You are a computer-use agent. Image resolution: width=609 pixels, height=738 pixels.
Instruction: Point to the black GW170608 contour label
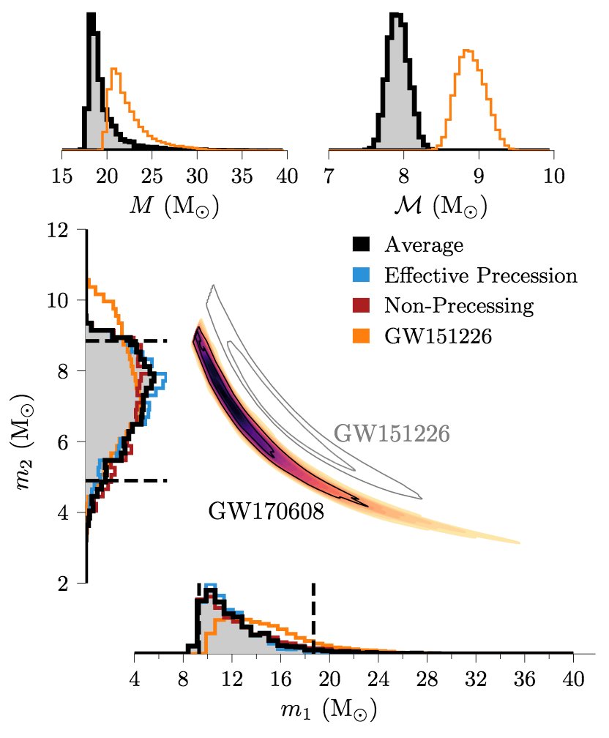tap(266, 510)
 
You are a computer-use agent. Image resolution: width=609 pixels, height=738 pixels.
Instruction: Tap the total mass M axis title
tap(173, 207)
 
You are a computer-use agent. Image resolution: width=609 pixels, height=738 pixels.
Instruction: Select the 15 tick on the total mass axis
tap(62, 176)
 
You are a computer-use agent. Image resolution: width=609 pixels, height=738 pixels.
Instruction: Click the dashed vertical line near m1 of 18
tap(313, 615)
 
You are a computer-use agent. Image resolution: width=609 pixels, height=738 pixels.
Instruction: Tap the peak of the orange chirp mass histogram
tap(466, 51)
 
